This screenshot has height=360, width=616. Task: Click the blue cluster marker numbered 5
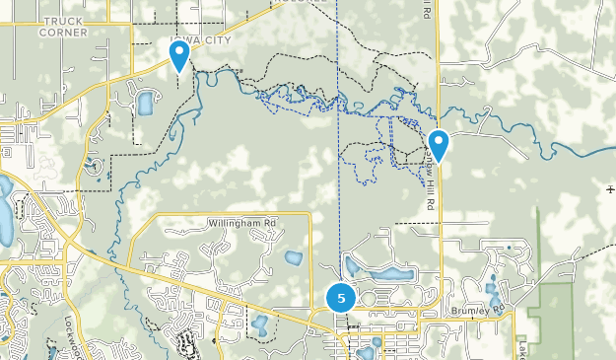pos(341,297)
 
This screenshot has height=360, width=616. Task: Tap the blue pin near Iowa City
pos(179,55)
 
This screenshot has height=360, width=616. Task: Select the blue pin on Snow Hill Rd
pos(439,145)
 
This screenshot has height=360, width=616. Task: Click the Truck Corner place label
pos(64,26)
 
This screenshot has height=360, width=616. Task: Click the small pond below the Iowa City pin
pos(147,102)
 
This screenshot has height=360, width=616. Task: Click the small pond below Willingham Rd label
pos(293,258)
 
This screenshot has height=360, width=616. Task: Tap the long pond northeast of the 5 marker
pos(394,274)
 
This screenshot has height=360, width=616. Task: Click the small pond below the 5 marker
pos(367,351)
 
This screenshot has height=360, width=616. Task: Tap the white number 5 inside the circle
pos(341,297)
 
